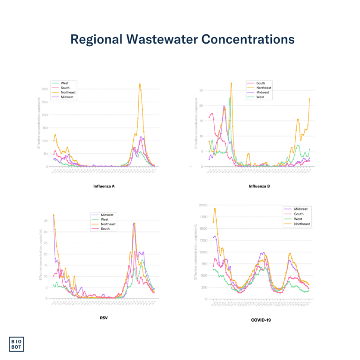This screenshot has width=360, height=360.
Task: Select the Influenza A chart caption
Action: pyautogui.click(x=105, y=187)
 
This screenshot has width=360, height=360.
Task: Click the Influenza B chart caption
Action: pyautogui.click(x=259, y=187)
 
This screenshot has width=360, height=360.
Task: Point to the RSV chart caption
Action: pyautogui.click(x=105, y=317)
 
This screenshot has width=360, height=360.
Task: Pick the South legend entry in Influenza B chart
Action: pyautogui.click(x=261, y=83)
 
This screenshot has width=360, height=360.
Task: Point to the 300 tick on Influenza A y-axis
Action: pyautogui.click(x=45, y=89)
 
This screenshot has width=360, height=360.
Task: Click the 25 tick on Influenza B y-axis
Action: pyautogui.click(x=201, y=90)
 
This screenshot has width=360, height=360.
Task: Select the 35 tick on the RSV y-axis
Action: pyautogui.click(x=46, y=220)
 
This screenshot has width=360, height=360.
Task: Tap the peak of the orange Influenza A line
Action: pyautogui.click(x=140, y=84)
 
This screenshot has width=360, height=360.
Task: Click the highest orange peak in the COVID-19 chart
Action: pyautogui.click(x=215, y=209)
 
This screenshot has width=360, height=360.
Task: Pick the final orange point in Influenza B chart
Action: pyautogui.click(x=309, y=99)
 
